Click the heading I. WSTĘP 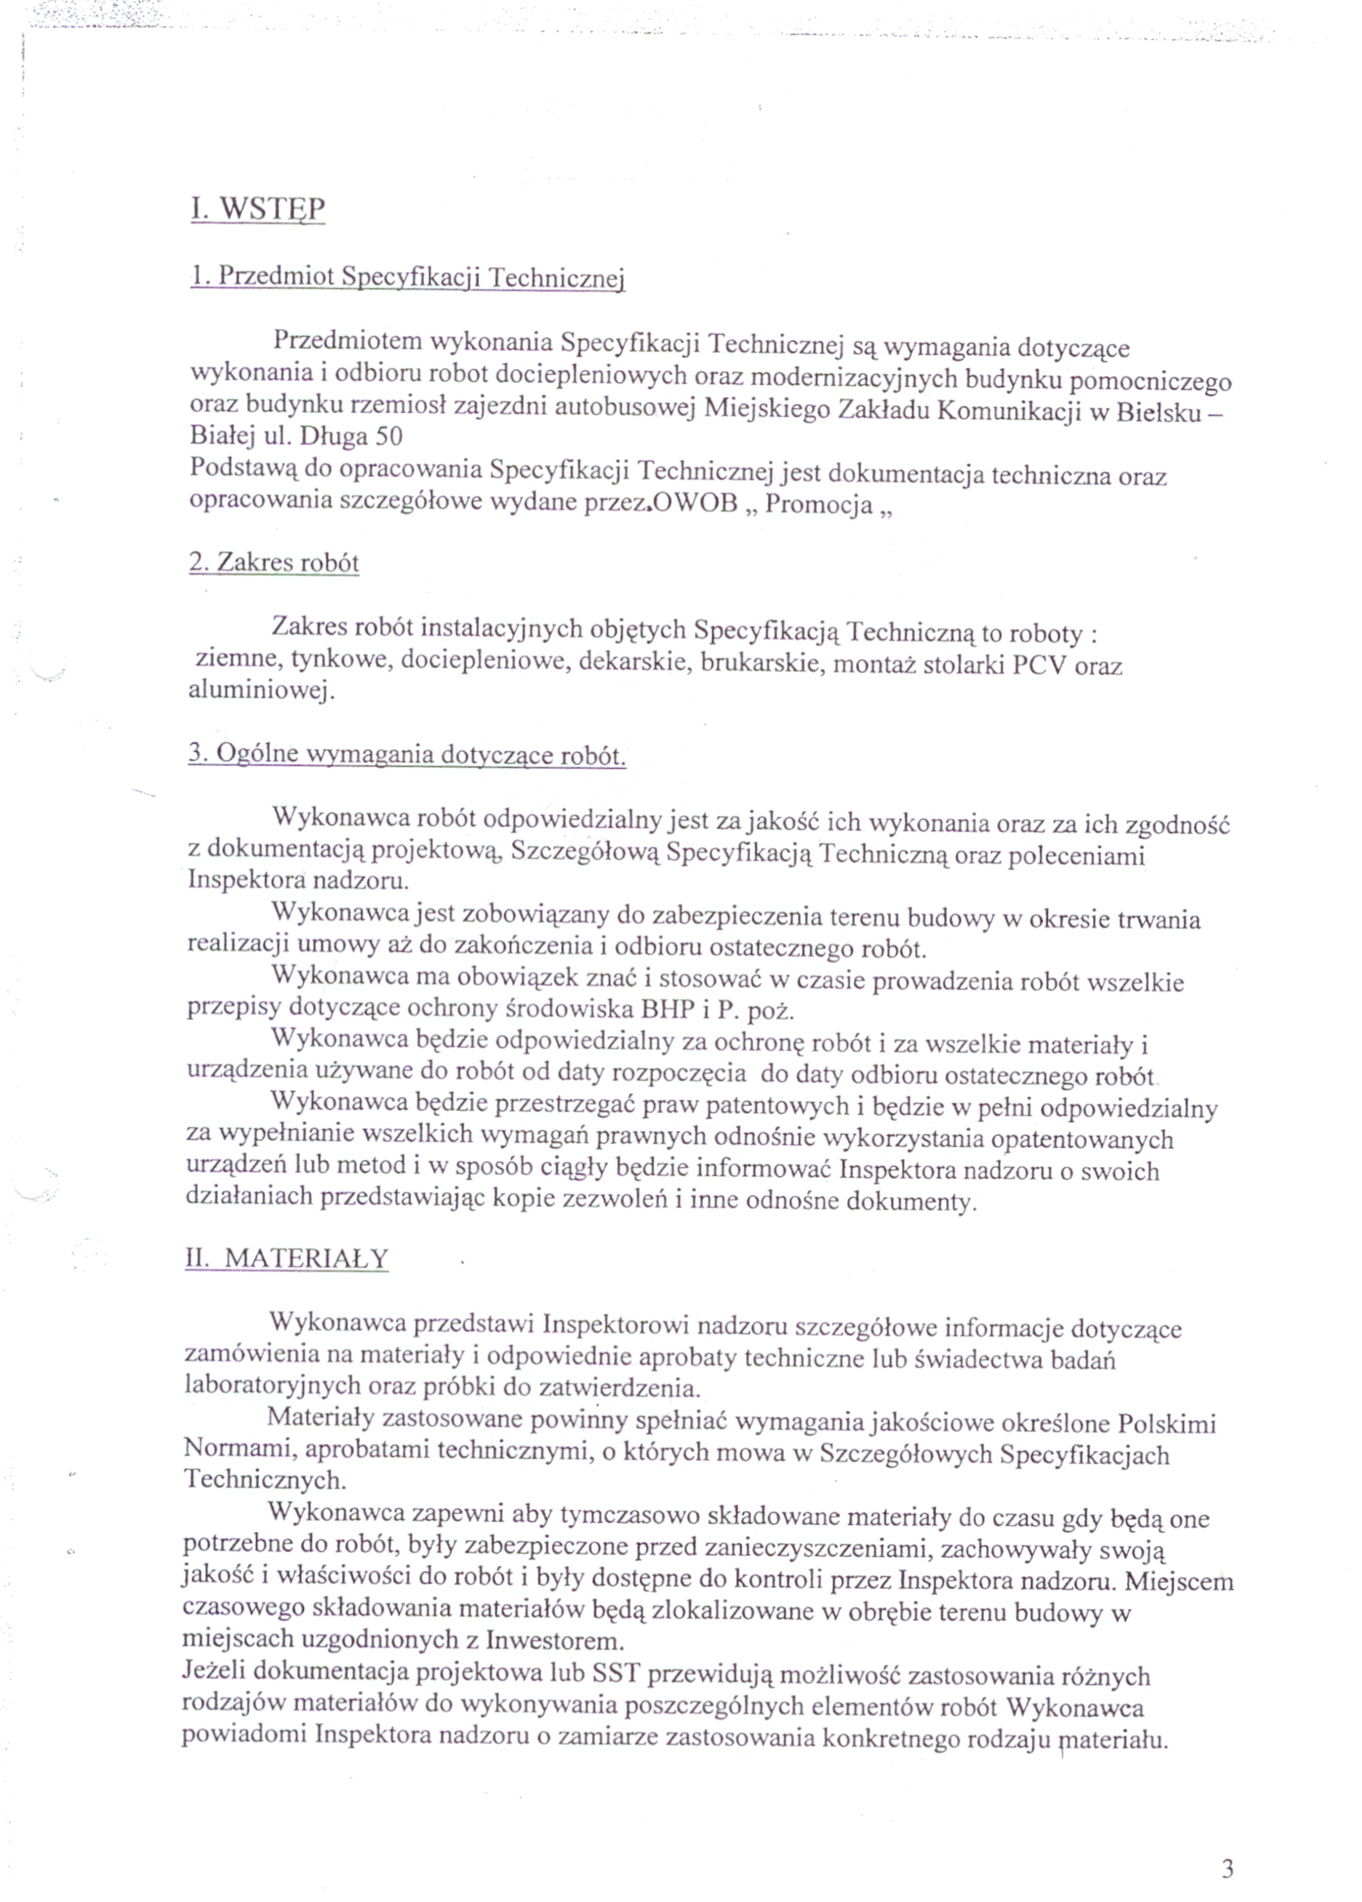coord(257,209)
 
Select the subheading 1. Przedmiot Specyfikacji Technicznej coord(407,277)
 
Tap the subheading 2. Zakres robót coord(274,562)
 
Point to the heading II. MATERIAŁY coord(286,1283)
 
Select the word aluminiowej coord(261,692)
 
